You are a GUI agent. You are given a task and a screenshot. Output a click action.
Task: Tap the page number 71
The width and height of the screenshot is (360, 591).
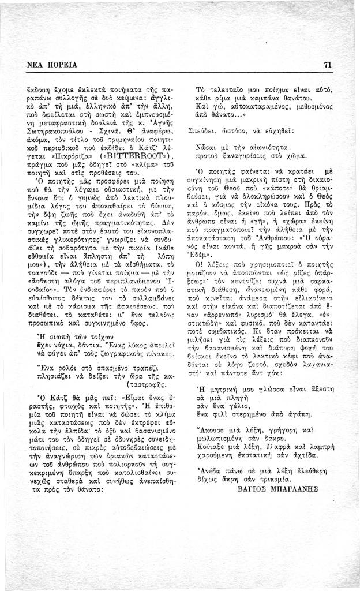pos(327,65)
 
